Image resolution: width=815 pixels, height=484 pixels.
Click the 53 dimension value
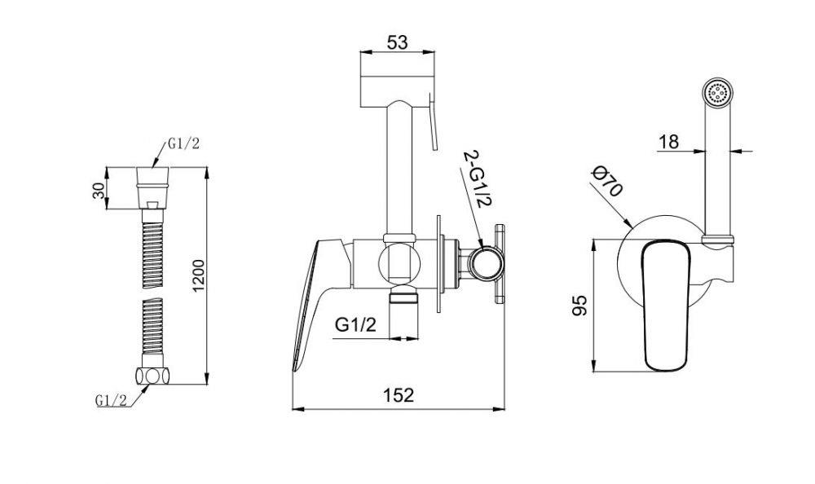[397, 42]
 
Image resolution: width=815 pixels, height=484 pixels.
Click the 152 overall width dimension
[399, 395]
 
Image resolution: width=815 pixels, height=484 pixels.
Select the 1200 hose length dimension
[199, 275]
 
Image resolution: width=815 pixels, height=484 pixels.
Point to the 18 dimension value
[668, 142]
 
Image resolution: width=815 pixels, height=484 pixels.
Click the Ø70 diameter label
[608, 182]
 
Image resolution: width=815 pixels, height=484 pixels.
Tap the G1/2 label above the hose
[183, 144]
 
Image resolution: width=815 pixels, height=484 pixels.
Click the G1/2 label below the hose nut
[111, 400]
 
